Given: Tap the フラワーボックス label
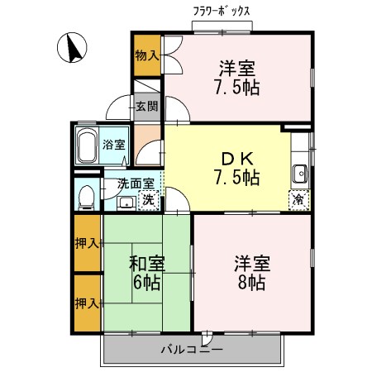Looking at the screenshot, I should point(222,11).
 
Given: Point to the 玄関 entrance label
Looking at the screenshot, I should point(146,106).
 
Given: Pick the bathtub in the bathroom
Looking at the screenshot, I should point(87,146).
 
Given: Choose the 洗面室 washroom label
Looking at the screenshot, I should point(135,184).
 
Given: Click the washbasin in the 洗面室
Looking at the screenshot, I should point(126,202).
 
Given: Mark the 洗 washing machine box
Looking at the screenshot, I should point(147,199).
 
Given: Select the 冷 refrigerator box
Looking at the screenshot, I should point(298,199).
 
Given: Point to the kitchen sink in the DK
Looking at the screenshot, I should point(299,173).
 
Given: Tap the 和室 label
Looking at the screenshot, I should point(146,265).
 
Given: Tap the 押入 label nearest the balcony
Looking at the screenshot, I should point(87,303).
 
